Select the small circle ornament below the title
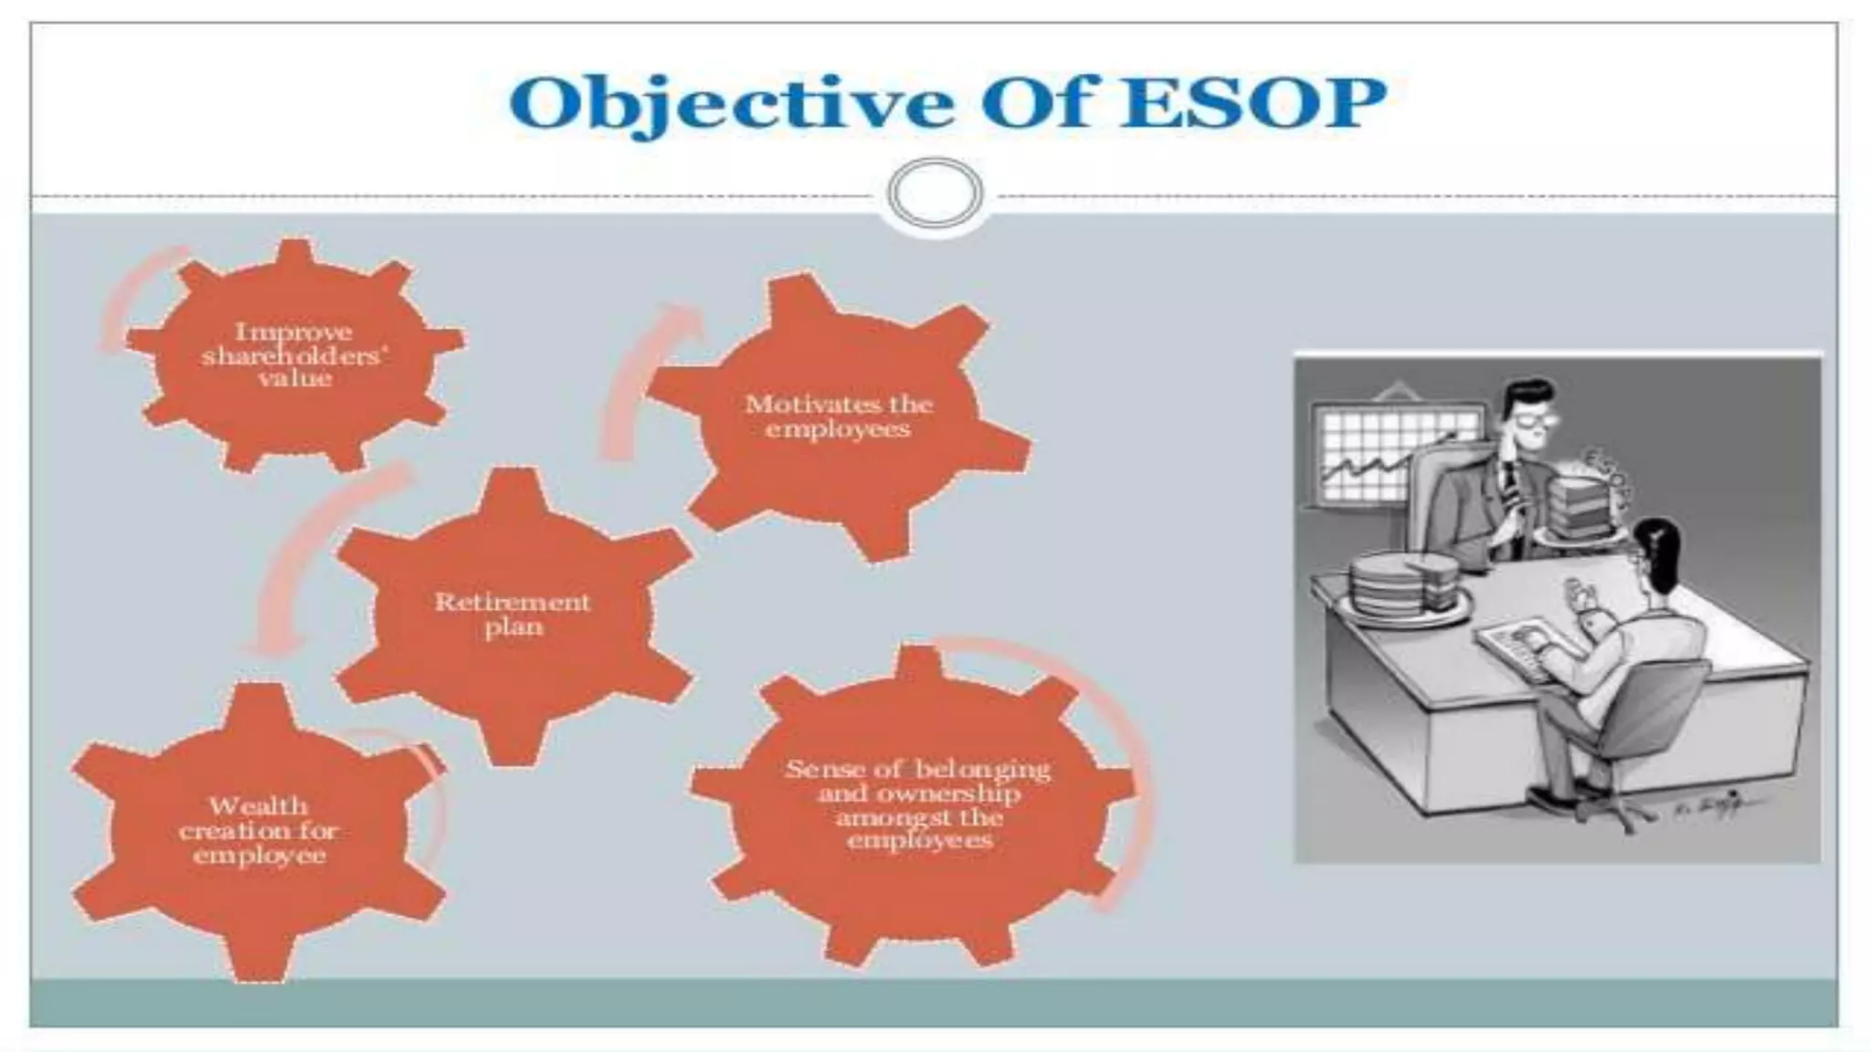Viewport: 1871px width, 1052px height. tap(935, 194)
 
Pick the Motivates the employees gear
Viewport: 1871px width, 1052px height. tap(838, 416)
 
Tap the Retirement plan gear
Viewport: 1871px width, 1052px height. tap(513, 614)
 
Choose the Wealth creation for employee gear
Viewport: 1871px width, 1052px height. tap(258, 831)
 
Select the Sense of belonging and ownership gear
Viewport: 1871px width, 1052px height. tap(918, 804)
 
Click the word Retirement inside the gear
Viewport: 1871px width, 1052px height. tap(513, 602)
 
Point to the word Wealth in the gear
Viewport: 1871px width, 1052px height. tap(259, 806)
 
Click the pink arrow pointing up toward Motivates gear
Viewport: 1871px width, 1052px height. tap(640, 374)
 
